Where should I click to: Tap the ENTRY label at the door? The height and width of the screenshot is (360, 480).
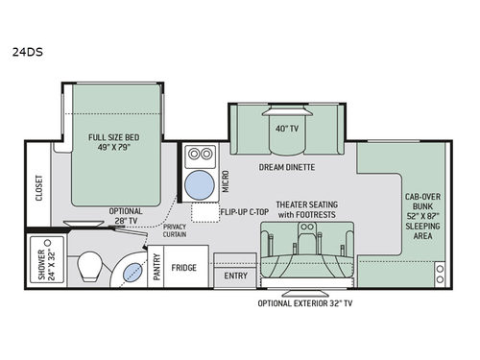235,276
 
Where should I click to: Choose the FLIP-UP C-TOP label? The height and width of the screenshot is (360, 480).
240,208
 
